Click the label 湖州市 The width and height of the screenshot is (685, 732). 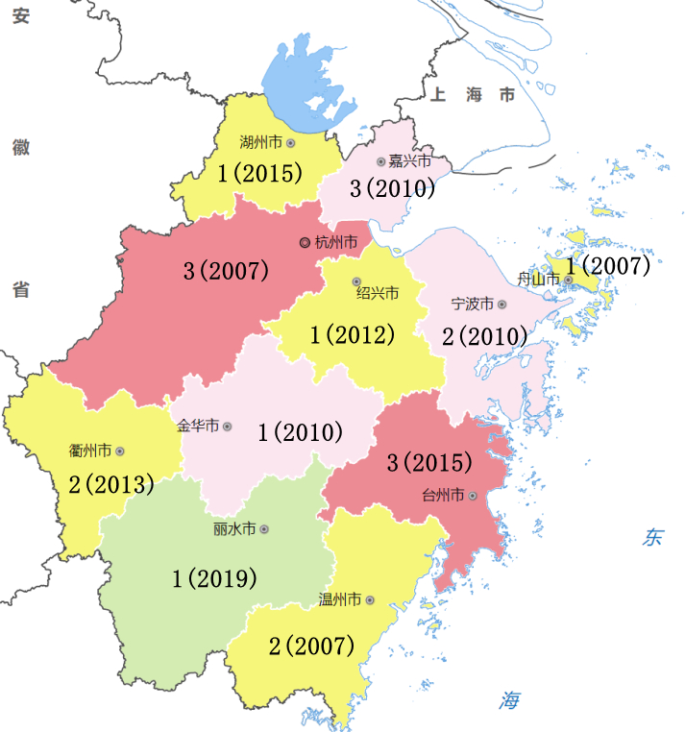click(x=260, y=142)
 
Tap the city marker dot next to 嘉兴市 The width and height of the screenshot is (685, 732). click(x=381, y=161)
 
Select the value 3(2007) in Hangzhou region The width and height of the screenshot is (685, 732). click(x=225, y=270)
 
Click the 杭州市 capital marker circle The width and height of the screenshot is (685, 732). click(x=305, y=242)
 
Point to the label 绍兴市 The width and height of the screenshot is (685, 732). click(x=377, y=292)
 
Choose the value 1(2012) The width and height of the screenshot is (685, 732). click(x=353, y=335)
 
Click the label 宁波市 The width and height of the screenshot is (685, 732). click(x=472, y=304)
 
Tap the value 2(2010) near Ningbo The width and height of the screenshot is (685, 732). click(x=484, y=336)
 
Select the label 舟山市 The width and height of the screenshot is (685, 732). click(x=538, y=280)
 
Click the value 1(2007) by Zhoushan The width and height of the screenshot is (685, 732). click(x=608, y=265)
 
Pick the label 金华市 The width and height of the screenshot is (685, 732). click(x=199, y=426)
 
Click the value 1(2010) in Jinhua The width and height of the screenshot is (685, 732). click(x=300, y=432)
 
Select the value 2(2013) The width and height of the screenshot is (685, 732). click(x=111, y=485)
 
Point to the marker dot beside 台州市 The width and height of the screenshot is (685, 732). click(x=473, y=496)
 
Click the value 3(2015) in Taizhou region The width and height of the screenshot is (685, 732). click(x=429, y=463)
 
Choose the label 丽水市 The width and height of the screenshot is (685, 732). click(x=234, y=528)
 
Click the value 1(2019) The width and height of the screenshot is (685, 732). click(x=214, y=578)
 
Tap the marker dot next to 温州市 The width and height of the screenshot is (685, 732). click(x=370, y=599)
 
